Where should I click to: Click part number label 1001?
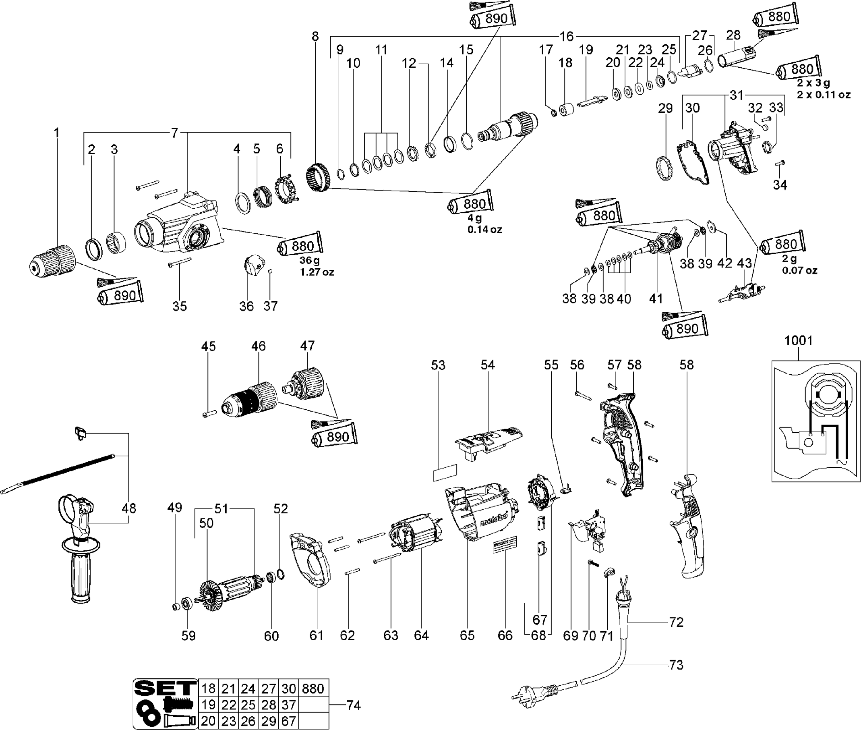point(799,340)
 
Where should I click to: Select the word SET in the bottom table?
point(165,688)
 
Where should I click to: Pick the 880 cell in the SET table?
point(313,689)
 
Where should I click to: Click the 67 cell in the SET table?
point(288,721)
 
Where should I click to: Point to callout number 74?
point(353,705)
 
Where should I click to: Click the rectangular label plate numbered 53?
point(445,473)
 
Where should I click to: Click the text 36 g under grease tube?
point(309,261)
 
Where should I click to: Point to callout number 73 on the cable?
point(676,665)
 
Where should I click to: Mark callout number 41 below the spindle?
point(656,299)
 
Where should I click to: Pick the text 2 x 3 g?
point(814,83)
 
